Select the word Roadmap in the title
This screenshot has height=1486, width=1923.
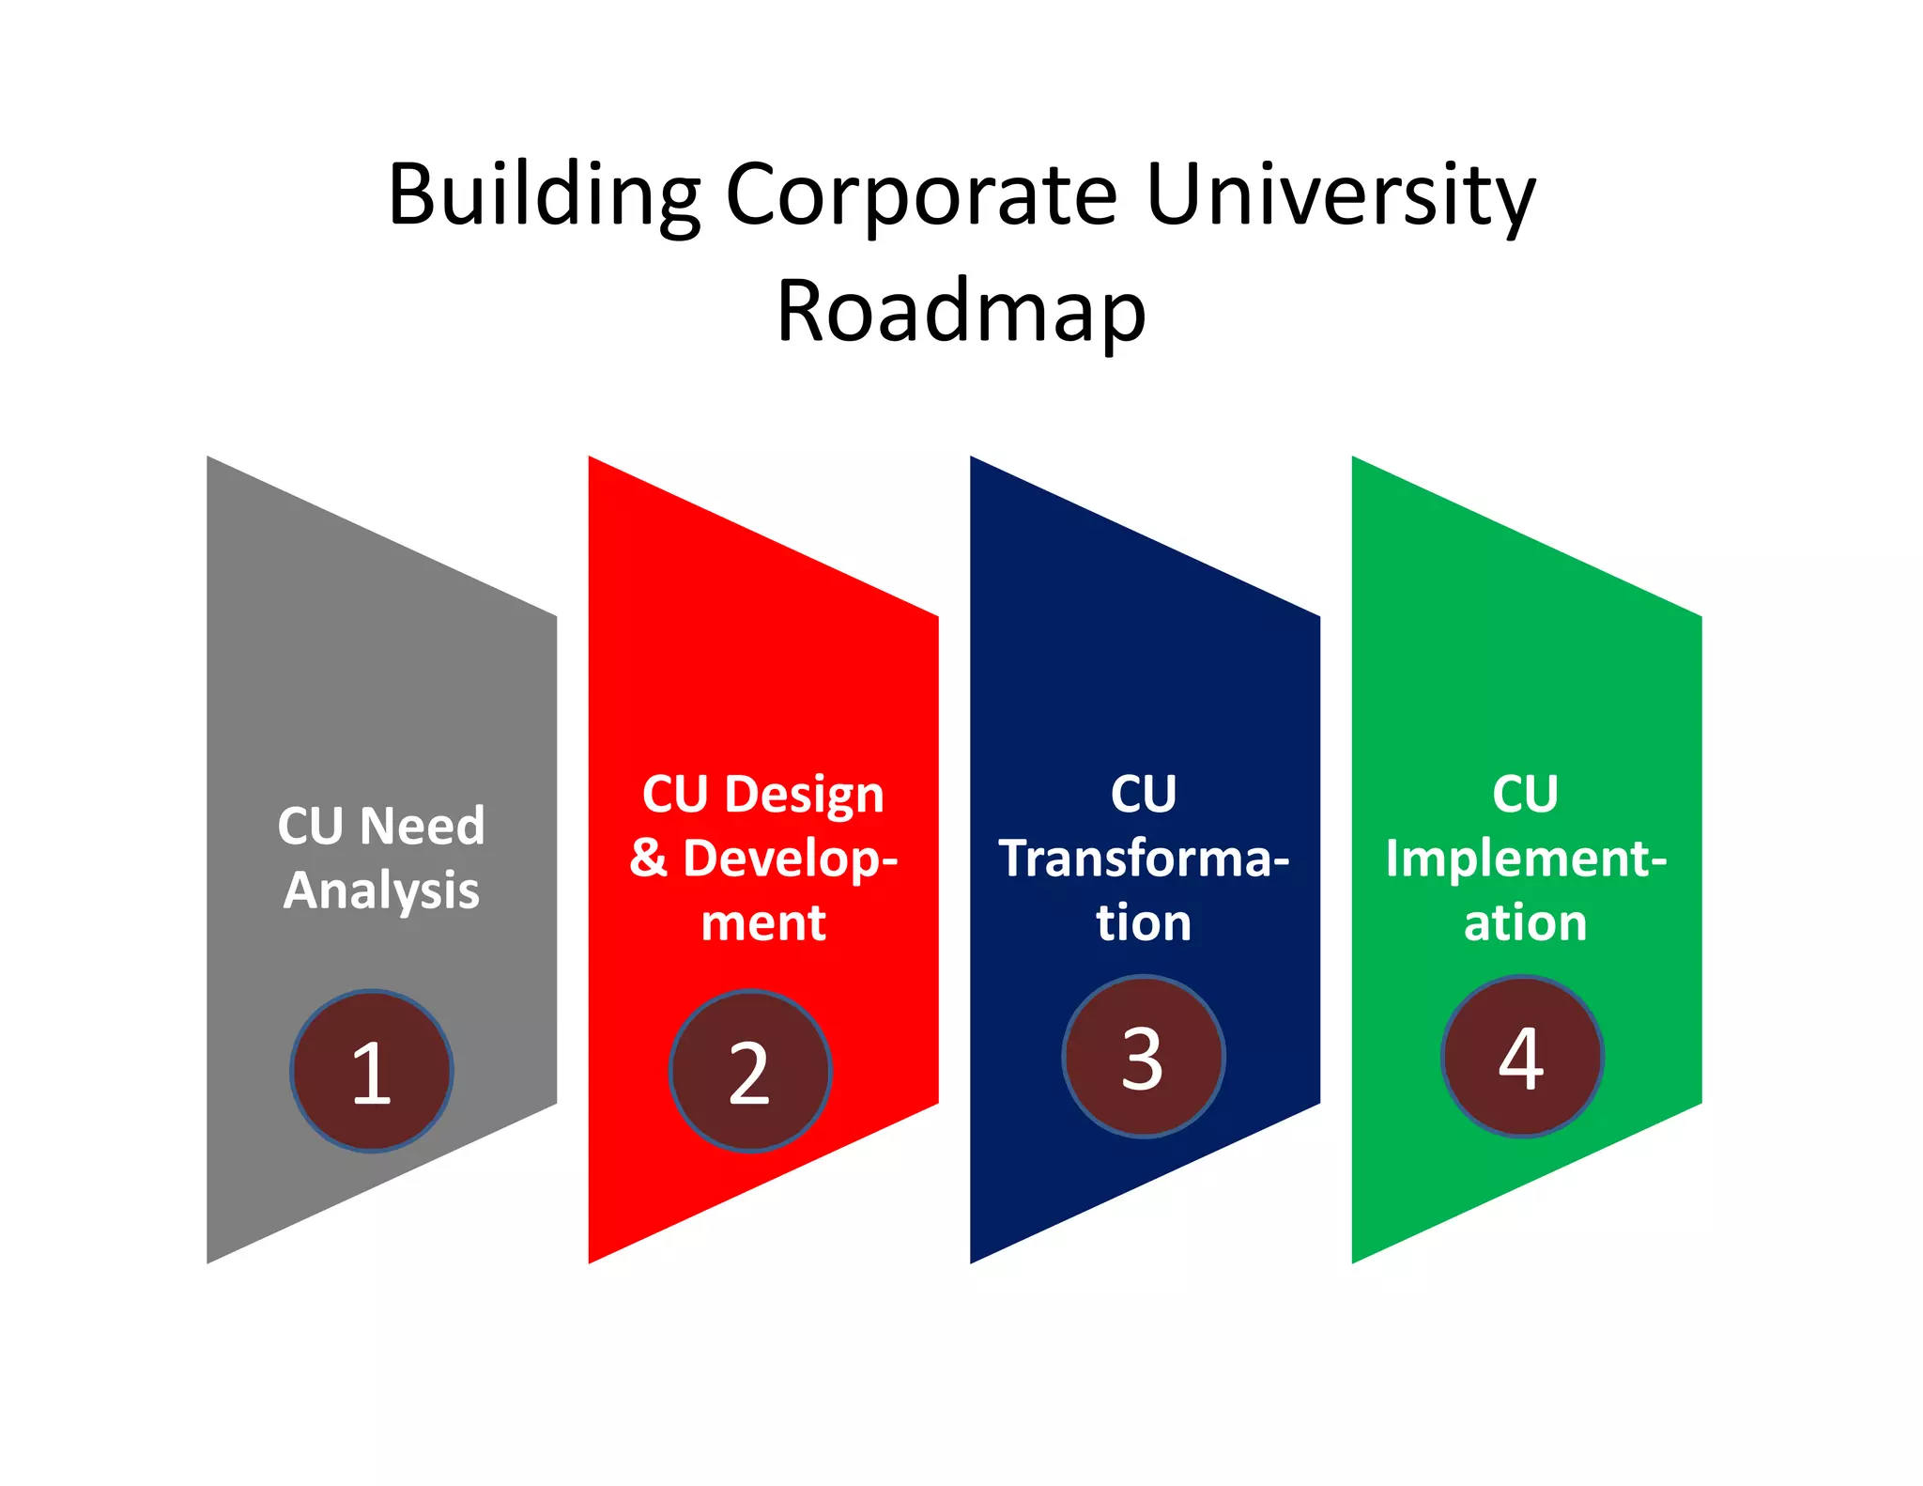click(961, 312)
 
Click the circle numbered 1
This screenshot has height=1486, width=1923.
click(372, 1071)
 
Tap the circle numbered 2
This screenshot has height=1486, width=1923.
click(750, 1071)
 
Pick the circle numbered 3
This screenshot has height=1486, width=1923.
click(1143, 1057)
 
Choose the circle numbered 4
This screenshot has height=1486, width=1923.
click(1522, 1057)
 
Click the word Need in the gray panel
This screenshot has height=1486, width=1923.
click(423, 827)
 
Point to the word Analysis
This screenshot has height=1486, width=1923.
click(381, 890)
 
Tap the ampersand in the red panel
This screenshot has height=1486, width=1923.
click(648, 859)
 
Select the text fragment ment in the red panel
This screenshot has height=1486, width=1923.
click(763, 922)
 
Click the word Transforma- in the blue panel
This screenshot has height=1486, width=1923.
click(1144, 859)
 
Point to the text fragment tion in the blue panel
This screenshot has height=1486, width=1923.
click(1144, 922)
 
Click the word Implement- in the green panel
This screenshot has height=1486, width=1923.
click(1526, 859)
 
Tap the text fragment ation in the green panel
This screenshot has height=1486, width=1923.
click(1526, 922)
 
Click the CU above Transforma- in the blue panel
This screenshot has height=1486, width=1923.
click(1144, 795)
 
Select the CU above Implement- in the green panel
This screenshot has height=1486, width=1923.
click(1526, 795)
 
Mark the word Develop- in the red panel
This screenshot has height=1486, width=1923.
click(791, 859)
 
